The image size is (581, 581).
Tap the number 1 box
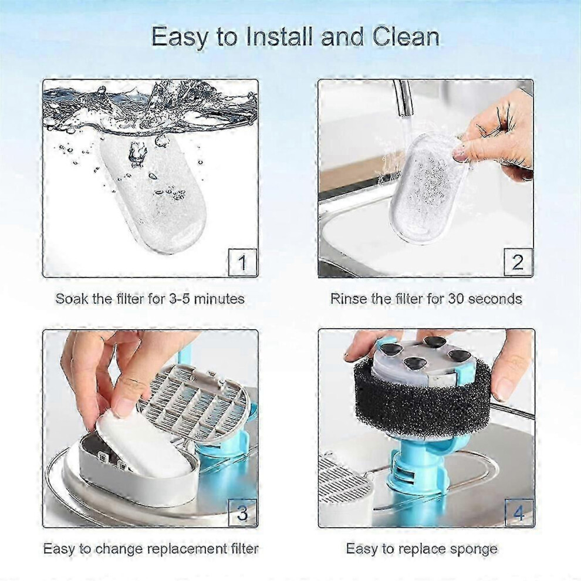(x=243, y=262)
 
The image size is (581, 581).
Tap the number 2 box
(x=518, y=262)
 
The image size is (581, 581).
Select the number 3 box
(x=243, y=513)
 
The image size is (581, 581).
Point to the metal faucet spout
(x=404, y=96)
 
